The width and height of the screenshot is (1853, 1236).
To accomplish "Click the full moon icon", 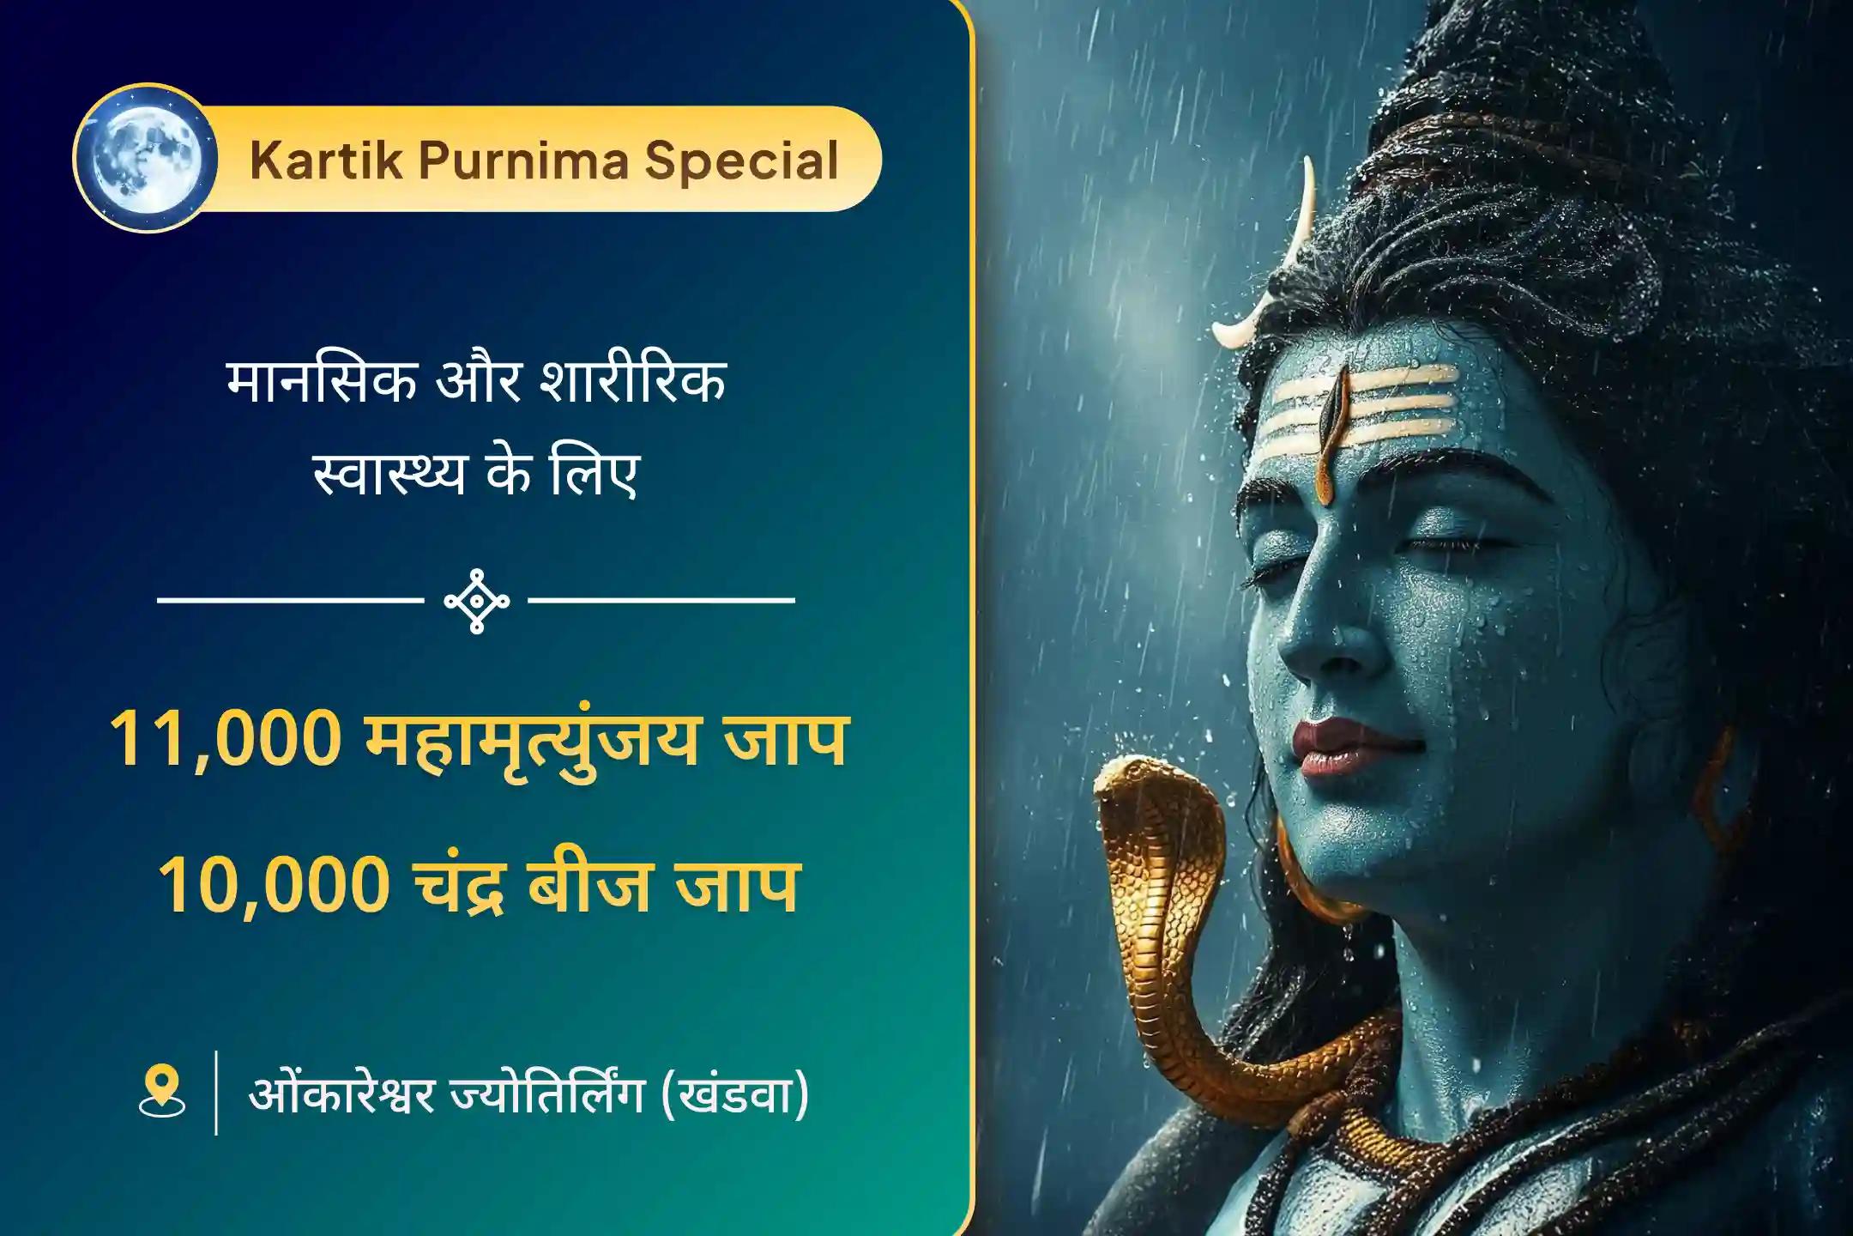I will coord(143,159).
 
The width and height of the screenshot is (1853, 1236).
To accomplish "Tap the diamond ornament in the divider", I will coord(477,601).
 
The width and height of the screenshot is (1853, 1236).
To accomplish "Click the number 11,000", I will coord(225,740).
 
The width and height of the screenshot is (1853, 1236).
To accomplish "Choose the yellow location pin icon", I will coord(161,1092).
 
